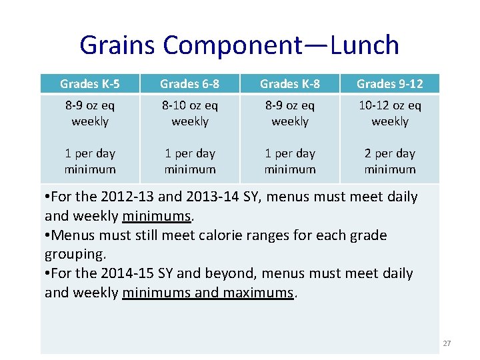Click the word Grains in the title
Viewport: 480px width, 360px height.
[117, 45]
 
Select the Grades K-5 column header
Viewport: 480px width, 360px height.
[90, 83]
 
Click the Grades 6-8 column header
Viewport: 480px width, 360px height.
[190, 83]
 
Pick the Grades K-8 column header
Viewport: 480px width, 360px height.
[290, 83]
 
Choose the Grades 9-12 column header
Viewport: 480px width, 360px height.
[390, 83]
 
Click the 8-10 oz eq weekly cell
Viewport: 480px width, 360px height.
[190, 113]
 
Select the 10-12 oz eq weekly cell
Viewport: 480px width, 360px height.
[390, 113]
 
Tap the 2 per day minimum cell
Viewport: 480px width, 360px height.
[390, 161]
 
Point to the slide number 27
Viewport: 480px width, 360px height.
[447, 343]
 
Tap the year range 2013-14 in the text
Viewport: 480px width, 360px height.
[216, 197]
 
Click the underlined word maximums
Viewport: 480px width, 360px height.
[257, 293]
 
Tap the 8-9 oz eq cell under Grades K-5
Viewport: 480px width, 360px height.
[90, 113]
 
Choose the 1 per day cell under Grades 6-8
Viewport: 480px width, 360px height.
[190, 161]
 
